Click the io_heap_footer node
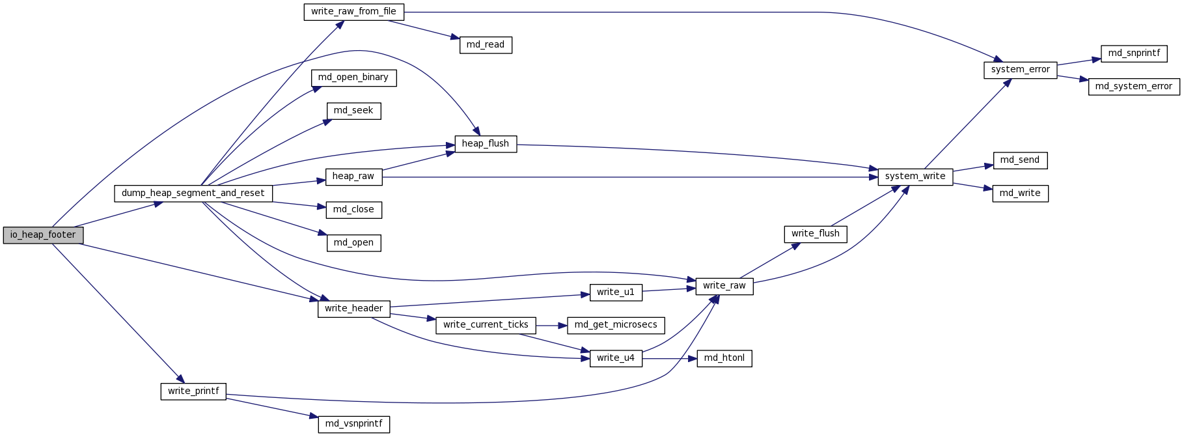(x=43, y=235)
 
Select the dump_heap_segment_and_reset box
(x=193, y=193)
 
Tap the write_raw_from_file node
(x=353, y=12)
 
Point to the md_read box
(x=486, y=45)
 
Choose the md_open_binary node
(x=353, y=78)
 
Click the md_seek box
(x=353, y=111)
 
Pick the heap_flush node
(x=486, y=144)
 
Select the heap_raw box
(x=353, y=176)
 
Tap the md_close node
(x=353, y=210)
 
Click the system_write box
(x=915, y=176)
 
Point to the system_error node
(x=1020, y=70)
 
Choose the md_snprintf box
(x=1134, y=53)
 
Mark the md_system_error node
(x=1134, y=87)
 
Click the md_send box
(x=1020, y=160)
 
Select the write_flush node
(x=816, y=234)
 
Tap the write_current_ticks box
(x=486, y=325)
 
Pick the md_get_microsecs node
(x=616, y=325)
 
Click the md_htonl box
(x=724, y=358)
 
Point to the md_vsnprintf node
(x=353, y=424)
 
